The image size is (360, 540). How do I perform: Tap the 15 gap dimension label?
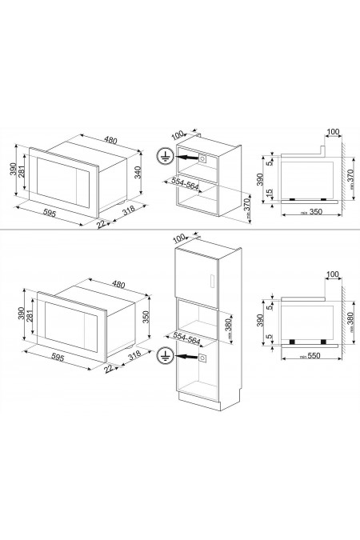tap(271, 194)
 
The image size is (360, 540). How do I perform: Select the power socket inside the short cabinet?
tap(203, 158)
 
